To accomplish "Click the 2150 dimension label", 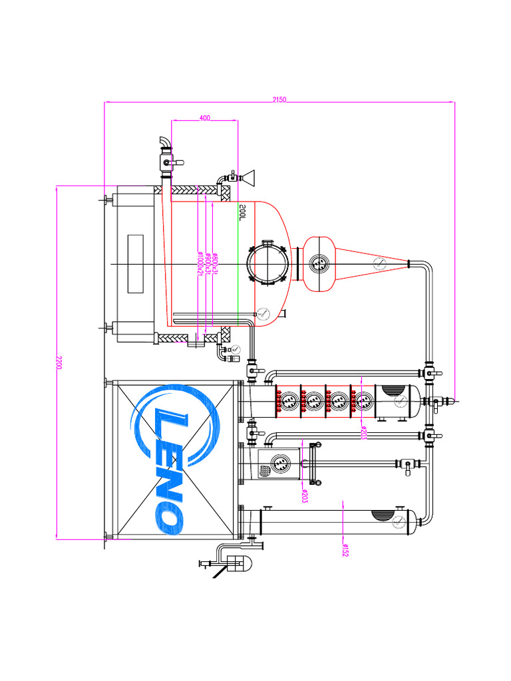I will click(279, 99).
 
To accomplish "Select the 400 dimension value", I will click(204, 118).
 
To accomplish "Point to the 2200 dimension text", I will click(59, 363).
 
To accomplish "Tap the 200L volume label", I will click(244, 211).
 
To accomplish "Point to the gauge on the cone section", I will click(379, 263).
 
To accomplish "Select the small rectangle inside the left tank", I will click(136, 264).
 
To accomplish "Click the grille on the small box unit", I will click(265, 470).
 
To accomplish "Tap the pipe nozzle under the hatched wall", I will click(195, 344).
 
